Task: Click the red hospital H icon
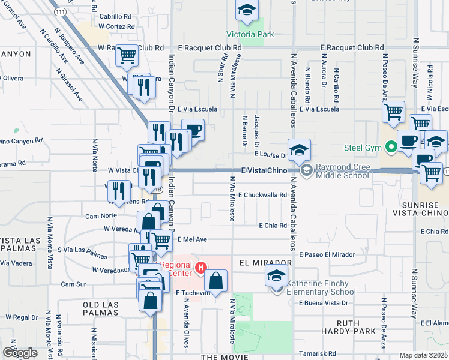point(202,266)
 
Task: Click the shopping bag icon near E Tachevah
point(216,280)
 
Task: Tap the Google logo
point(20,352)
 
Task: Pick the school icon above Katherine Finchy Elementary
point(277,276)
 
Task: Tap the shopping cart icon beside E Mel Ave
point(160,240)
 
